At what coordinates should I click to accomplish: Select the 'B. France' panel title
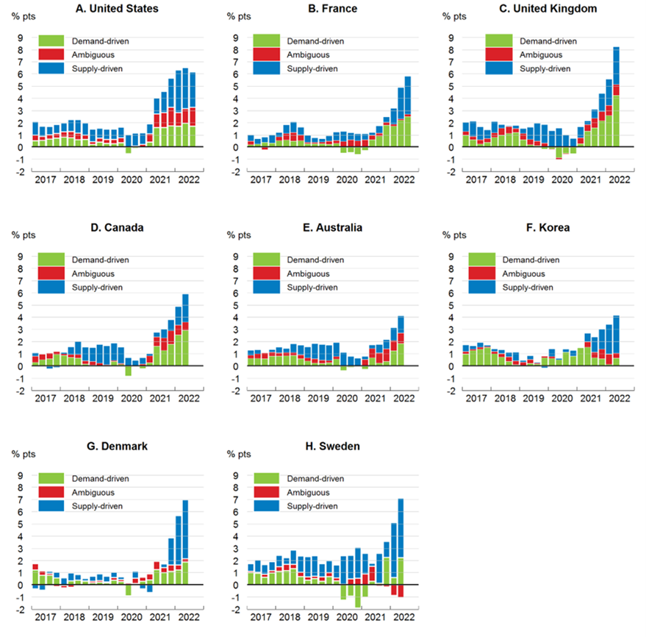pos(333,9)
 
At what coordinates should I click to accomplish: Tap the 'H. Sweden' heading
pos(333,447)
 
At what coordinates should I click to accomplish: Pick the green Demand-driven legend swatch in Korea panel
pos(483,259)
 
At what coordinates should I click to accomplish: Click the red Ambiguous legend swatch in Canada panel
pos(52,273)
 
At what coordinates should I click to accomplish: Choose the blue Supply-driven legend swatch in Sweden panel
pos(268,506)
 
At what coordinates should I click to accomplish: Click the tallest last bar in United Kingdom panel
pos(616,96)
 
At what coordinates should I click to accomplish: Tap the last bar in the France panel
pos(407,110)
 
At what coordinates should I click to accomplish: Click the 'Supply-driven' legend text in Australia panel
pos(312,287)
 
